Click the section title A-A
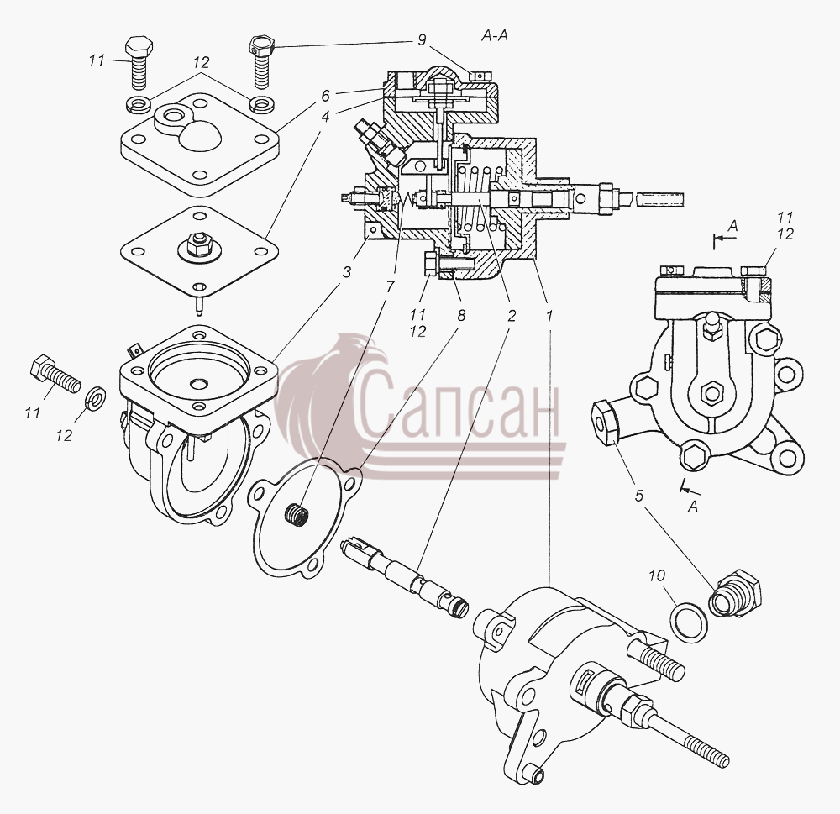(495, 36)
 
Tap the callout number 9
(423, 40)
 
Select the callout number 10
(657, 576)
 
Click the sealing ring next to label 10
(688, 622)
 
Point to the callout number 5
(638, 496)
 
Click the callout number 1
(548, 316)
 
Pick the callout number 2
(512, 316)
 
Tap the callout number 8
(461, 315)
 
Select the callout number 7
(390, 286)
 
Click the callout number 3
(347, 272)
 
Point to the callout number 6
(326, 97)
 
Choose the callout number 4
(326, 116)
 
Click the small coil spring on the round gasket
(297, 517)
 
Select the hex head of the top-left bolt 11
(139, 47)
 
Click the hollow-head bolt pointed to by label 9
(262, 61)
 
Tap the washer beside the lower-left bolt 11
(96, 397)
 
